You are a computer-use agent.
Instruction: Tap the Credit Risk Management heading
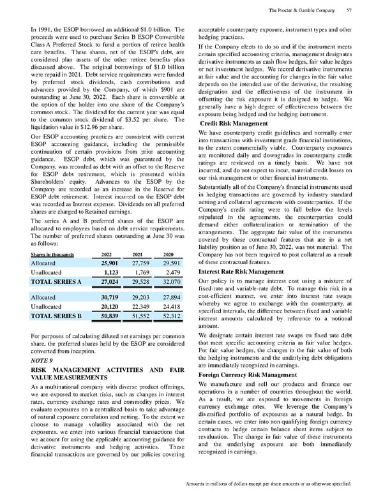(x=234, y=122)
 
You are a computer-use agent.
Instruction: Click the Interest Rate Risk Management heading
(x=240, y=271)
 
